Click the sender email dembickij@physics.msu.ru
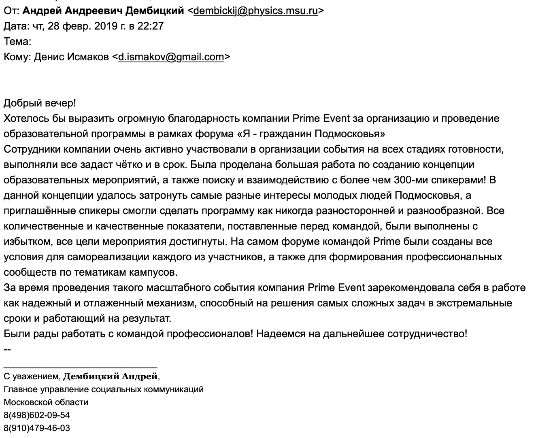pyautogui.click(x=255, y=11)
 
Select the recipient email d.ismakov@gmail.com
pyautogui.click(x=171, y=57)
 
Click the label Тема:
pyautogui.click(x=17, y=42)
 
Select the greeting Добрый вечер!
pyautogui.click(x=40, y=103)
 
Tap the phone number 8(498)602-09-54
pyautogui.click(x=37, y=415)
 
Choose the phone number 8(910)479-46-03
pyautogui.click(x=37, y=428)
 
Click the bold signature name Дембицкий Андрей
pyautogui.click(x=111, y=377)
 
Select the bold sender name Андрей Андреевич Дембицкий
pyautogui.click(x=103, y=11)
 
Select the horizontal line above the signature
pyautogui.click(x=80, y=366)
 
